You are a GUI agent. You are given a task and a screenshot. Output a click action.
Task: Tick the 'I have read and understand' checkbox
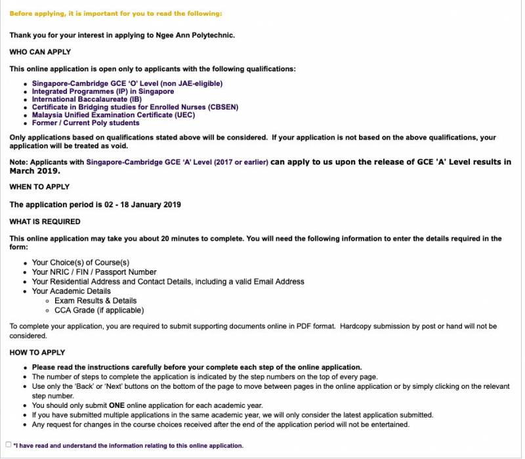tap(9, 445)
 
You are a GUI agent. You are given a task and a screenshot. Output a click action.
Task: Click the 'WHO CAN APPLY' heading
tap(40, 52)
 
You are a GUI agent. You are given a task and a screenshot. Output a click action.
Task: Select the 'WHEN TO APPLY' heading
tap(39, 187)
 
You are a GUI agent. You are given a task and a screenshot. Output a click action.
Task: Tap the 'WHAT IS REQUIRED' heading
tap(45, 222)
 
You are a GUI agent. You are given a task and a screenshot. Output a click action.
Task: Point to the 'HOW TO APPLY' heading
tap(37, 353)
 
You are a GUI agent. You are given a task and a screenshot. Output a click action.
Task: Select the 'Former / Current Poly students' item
tap(85, 123)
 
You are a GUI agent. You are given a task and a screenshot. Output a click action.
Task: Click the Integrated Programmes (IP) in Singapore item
tap(103, 91)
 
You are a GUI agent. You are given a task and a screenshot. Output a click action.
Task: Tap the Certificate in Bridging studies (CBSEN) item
tap(135, 107)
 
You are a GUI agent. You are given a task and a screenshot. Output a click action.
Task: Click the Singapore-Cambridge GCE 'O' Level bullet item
tap(127, 83)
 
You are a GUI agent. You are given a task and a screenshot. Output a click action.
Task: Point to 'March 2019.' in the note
tap(35, 171)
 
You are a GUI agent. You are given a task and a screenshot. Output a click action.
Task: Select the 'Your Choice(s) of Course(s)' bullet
tap(81, 262)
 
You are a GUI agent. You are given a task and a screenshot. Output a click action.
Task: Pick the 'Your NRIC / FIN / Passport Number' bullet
tap(94, 272)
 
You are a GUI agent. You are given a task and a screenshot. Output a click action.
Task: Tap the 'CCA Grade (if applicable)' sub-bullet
tap(99, 310)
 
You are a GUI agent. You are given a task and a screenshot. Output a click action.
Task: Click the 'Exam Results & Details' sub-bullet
tap(96, 300)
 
